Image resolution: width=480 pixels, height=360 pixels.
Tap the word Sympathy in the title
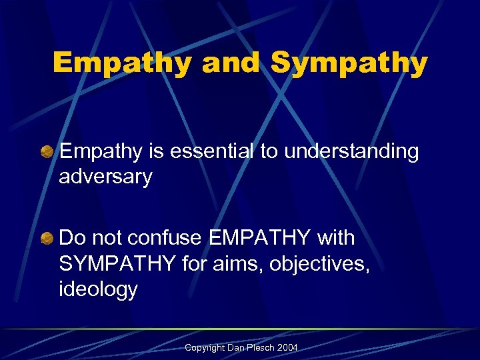click(x=349, y=64)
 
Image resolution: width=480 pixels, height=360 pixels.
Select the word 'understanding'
click(x=351, y=153)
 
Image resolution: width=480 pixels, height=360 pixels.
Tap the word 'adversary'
click(x=105, y=177)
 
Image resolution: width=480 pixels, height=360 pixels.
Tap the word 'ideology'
click(x=98, y=289)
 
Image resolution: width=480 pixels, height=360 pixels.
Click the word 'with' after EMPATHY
click(x=337, y=238)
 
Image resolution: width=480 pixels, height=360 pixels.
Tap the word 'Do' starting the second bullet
click(x=71, y=238)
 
